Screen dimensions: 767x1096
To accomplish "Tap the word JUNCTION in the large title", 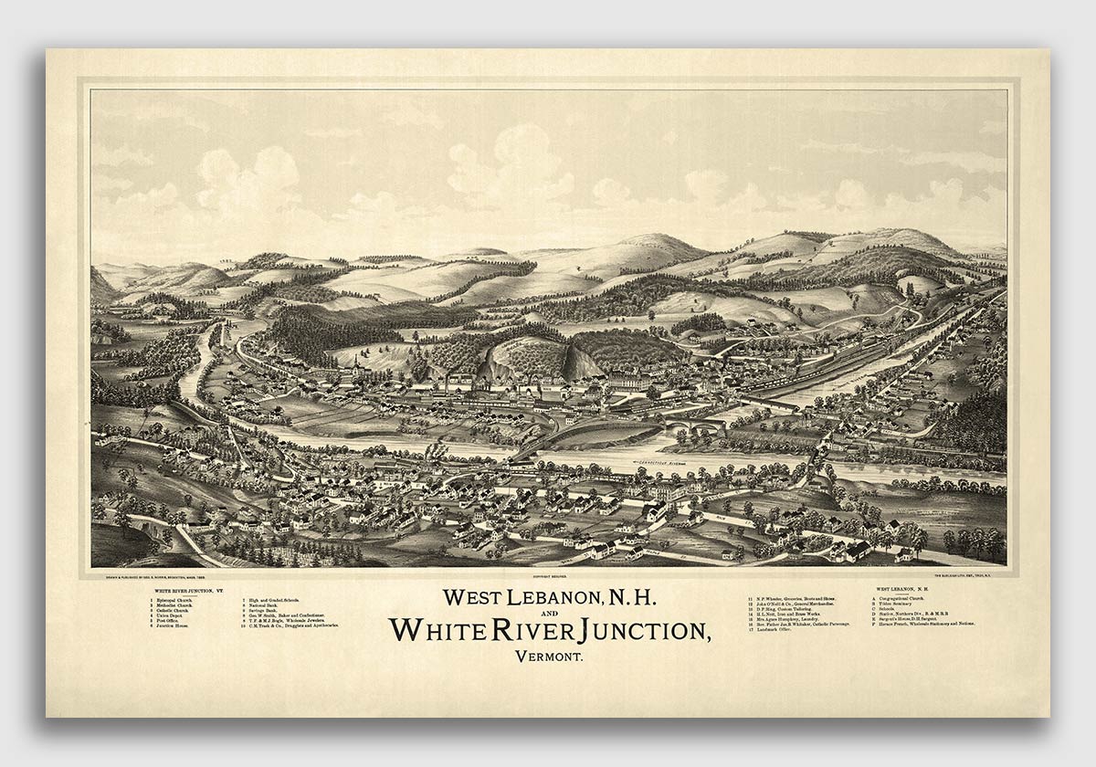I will click(623, 630).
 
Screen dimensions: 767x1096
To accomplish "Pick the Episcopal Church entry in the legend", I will click(173, 601).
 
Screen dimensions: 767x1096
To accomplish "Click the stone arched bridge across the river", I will click(694, 427).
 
